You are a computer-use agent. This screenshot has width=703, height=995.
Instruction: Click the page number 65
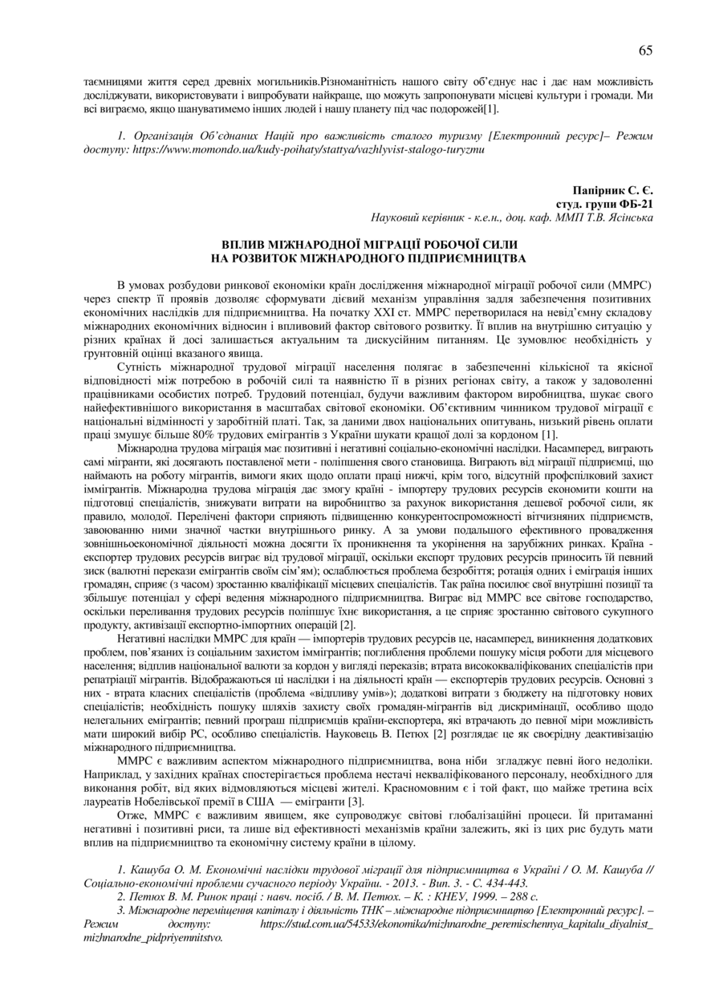pos(645,51)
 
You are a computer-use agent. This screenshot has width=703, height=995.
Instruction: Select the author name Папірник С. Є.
pos(612,191)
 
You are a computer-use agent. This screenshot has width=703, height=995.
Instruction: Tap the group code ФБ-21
pos(637,204)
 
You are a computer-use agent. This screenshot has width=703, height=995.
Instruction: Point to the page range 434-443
pos(502,882)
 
